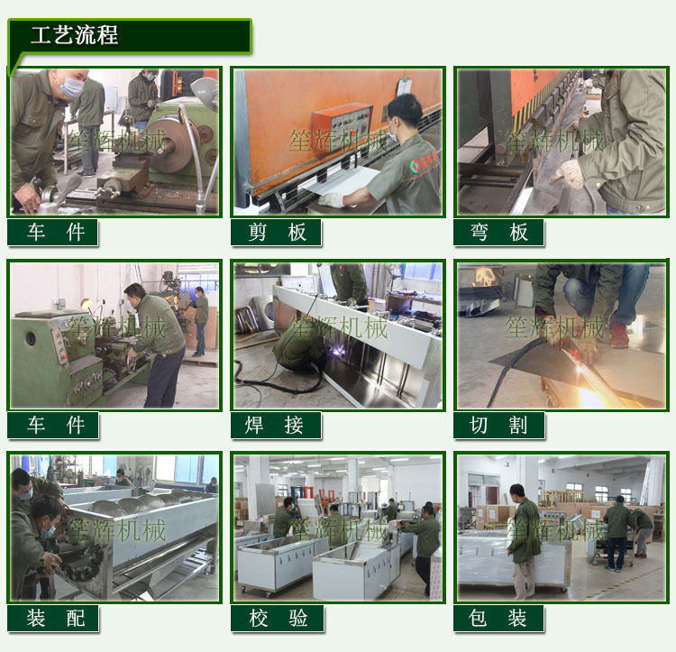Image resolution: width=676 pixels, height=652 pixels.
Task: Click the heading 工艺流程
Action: [74, 36]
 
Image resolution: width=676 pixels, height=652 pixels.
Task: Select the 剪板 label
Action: [276, 233]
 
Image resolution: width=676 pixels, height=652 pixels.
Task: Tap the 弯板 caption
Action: [498, 233]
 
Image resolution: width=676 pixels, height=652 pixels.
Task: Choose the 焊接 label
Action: [276, 425]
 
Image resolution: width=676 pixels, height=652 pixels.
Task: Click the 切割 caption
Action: [498, 425]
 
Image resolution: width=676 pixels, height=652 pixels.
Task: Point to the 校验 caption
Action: [276, 618]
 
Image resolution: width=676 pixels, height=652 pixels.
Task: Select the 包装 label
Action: [498, 618]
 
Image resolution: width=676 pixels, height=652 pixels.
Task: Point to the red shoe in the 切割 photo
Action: [619, 335]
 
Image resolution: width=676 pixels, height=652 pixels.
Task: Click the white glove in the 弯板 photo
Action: [570, 173]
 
